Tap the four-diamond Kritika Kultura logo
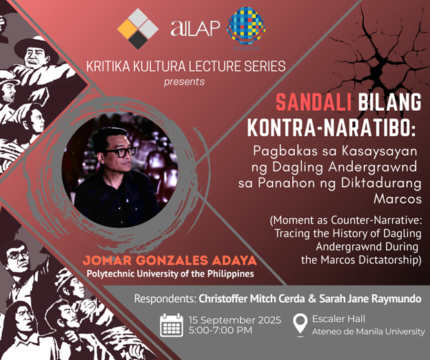click(x=137, y=28)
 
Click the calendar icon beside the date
click(x=171, y=324)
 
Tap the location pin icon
click(x=300, y=324)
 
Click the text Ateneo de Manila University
click(x=369, y=331)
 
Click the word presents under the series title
click(x=184, y=81)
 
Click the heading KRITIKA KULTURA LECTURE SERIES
click(x=185, y=67)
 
